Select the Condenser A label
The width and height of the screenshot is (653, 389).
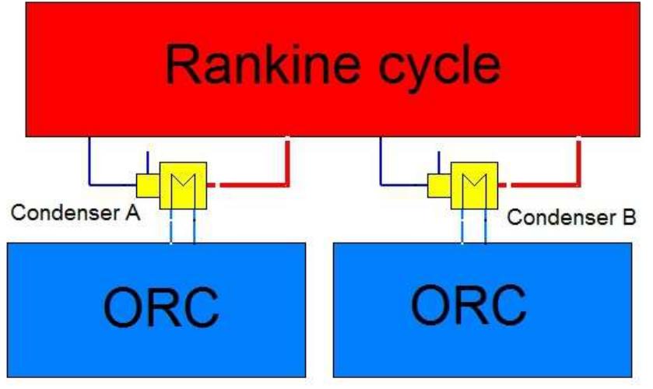(x=75, y=212)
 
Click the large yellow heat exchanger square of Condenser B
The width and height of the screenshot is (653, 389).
(x=474, y=185)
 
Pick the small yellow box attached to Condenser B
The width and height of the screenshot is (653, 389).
(x=437, y=185)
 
